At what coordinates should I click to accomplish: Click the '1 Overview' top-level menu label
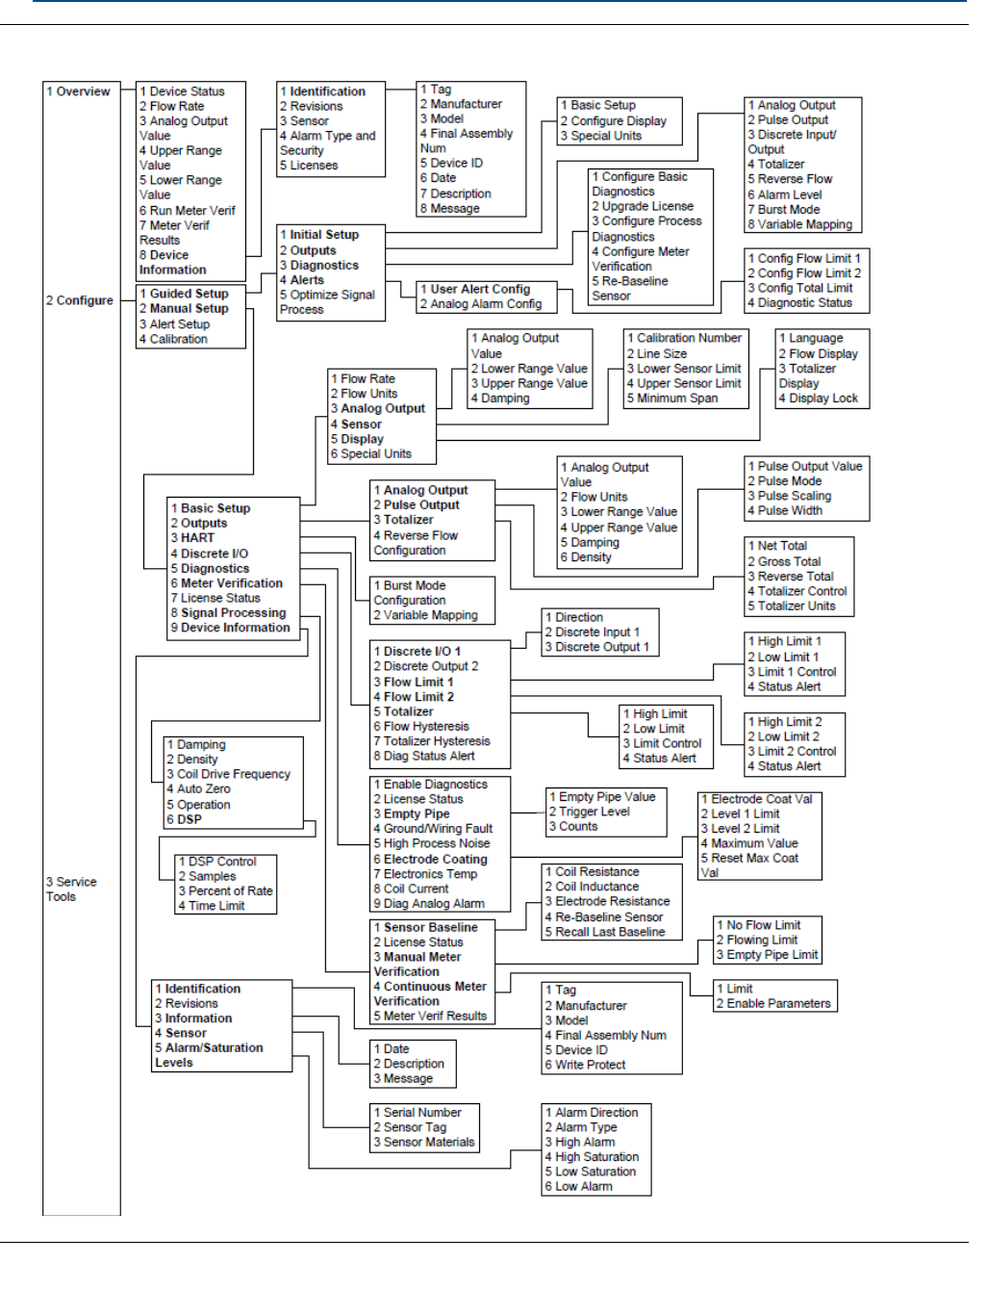pyautogui.click(x=78, y=91)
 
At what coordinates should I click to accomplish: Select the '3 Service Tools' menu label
pyautogui.click(x=71, y=889)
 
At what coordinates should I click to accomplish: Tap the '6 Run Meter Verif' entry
pyautogui.click(x=187, y=210)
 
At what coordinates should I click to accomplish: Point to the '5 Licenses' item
pyautogui.click(x=309, y=166)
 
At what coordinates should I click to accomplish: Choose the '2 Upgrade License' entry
pyautogui.click(x=643, y=206)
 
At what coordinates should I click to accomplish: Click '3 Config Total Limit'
pyautogui.click(x=800, y=288)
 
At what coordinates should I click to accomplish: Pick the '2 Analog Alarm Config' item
pyautogui.click(x=481, y=304)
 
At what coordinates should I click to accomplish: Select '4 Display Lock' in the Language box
pyautogui.click(x=818, y=399)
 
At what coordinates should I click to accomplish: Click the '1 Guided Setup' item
pyautogui.click(x=184, y=294)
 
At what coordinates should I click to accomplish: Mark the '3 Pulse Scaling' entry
pyautogui.click(x=789, y=496)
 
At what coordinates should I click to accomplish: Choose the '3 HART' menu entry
pyautogui.click(x=192, y=538)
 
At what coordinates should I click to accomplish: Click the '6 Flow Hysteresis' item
pyautogui.click(x=421, y=727)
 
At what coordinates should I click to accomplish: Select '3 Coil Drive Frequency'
pyautogui.click(x=228, y=774)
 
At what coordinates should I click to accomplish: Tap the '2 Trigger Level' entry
pyautogui.click(x=589, y=812)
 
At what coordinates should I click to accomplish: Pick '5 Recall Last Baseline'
pyautogui.click(x=604, y=932)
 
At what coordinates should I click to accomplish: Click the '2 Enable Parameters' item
pyautogui.click(x=772, y=1003)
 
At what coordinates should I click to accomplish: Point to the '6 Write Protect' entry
pyautogui.click(x=585, y=1065)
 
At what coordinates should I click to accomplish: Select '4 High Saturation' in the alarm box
pyautogui.click(x=592, y=1157)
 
